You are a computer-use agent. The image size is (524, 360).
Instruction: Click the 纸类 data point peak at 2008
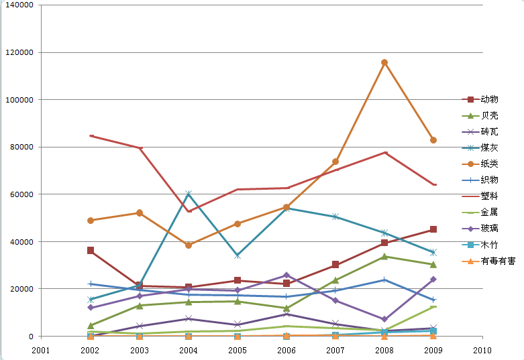click(384, 62)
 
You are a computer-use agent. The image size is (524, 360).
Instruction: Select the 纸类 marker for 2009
click(433, 140)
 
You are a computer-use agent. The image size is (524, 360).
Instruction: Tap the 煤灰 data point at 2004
click(189, 194)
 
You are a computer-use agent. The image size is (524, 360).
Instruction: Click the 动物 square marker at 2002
click(91, 250)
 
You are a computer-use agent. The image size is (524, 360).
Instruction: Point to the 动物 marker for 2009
click(433, 229)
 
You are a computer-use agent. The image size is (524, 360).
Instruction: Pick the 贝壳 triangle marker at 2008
click(384, 256)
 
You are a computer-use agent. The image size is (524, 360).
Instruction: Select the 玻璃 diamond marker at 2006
click(286, 275)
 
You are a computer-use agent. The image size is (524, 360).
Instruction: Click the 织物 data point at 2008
click(384, 280)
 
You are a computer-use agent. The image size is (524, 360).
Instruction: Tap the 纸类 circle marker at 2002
click(91, 220)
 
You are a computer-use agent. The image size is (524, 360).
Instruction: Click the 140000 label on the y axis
click(21, 5)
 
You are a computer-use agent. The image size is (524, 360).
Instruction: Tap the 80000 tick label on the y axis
click(23, 147)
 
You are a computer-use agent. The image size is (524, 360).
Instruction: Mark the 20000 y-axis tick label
click(23, 289)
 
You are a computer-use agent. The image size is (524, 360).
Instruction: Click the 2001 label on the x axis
click(42, 350)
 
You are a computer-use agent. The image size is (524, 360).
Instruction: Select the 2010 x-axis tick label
click(482, 350)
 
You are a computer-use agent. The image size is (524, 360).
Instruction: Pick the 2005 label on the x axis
click(238, 350)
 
